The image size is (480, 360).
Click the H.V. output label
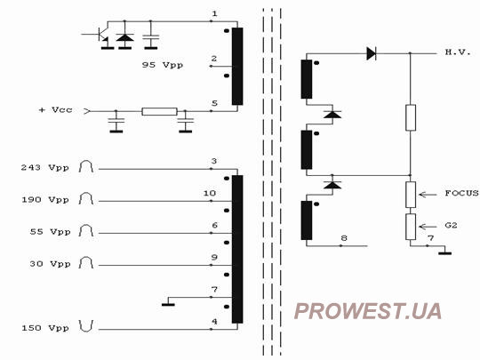(458, 52)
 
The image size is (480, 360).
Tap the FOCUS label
(461, 193)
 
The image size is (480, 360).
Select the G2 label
(451, 225)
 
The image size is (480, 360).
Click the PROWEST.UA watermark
(368, 311)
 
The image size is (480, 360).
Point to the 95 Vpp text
(163, 65)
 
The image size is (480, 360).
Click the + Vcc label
(56, 109)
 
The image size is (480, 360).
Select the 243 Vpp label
(45, 167)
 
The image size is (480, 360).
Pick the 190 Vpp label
(45, 200)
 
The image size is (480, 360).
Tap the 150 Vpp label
(45, 328)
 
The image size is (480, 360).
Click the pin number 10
(210, 193)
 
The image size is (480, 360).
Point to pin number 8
(344, 238)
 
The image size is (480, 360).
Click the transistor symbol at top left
(101, 36)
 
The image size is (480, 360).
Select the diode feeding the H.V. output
(372, 53)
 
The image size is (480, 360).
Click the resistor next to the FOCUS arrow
(411, 195)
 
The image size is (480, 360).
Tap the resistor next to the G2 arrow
(411, 227)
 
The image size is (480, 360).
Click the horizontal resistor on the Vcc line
(159, 111)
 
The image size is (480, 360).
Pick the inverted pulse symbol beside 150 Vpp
(86, 326)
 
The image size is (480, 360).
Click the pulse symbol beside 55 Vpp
(86, 230)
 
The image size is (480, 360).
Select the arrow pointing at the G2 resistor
(428, 227)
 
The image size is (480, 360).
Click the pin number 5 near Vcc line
(214, 103)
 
